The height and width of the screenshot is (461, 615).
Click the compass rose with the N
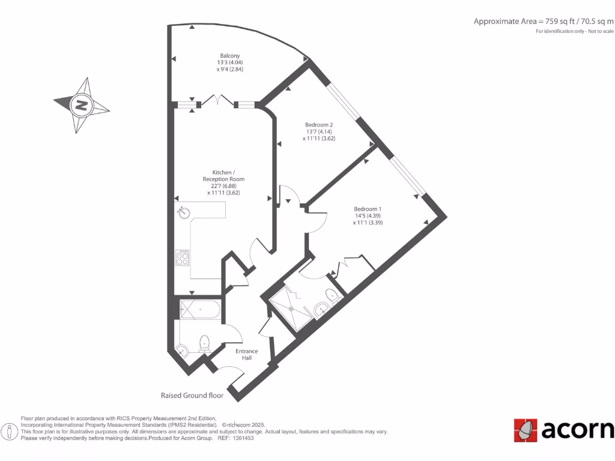click(x=81, y=106)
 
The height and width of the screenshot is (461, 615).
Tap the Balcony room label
click(x=229, y=56)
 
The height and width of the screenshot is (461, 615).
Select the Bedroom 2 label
click(x=318, y=125)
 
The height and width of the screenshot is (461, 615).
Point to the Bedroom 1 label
click(x=368, y=209)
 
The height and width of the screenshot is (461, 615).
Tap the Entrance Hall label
click(x=246, y=354)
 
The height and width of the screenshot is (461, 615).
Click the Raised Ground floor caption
click(x=192, y=396)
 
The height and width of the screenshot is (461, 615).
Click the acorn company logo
click(x=563, y=430)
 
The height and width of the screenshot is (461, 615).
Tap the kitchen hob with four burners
click(x=182, y=258)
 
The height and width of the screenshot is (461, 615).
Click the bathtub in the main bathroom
click(x=200, y=310)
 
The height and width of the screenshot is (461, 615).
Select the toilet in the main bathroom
click(x=204, y=344)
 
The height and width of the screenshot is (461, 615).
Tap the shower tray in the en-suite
click(x=291, y=308)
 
